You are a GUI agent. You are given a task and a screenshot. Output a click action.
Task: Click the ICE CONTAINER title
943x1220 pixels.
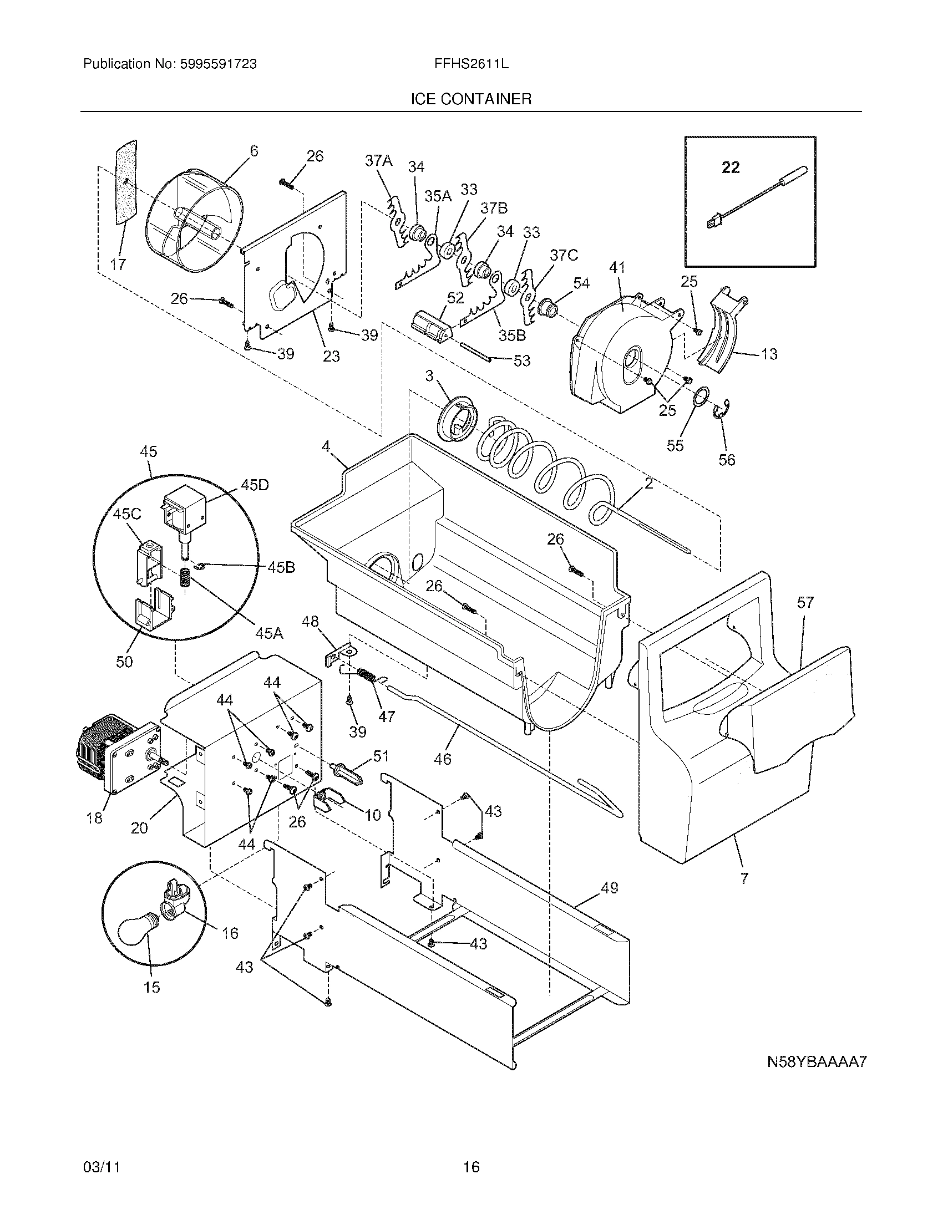(470, 99)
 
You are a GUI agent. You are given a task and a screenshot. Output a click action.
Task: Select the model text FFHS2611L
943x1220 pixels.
(471, 64)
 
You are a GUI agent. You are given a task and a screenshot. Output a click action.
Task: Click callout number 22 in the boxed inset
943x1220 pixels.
(731, 167)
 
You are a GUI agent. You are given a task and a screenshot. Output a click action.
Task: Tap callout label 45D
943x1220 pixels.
(254, 485)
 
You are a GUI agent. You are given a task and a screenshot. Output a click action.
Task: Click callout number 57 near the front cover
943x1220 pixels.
(805, 602)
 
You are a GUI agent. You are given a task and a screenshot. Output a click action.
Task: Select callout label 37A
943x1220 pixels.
(378, 161)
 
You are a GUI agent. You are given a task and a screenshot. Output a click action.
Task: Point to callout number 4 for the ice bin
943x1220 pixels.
(326, 446)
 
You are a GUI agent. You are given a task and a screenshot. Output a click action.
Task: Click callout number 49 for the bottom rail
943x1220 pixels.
(610, 888)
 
